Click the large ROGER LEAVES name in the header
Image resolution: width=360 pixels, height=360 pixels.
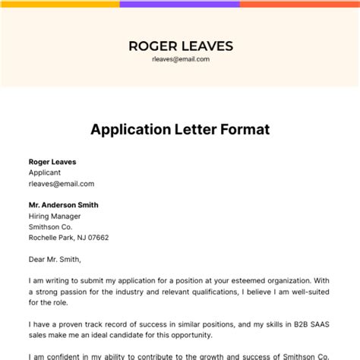[179, 45]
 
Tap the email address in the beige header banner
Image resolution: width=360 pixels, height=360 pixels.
[180, 59]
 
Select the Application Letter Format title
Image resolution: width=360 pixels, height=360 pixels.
[180, 129]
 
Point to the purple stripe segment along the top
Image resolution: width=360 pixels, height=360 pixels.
[179, 3]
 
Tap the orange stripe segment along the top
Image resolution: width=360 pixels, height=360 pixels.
[299, 3]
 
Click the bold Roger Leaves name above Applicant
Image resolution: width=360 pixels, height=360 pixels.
[52, 162]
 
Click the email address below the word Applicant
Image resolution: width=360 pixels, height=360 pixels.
[62, 183]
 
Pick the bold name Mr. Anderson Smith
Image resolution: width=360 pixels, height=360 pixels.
[63, 205]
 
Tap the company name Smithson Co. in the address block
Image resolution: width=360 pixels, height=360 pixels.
[50, 226]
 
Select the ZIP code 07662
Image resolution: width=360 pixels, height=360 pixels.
[97, 237]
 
